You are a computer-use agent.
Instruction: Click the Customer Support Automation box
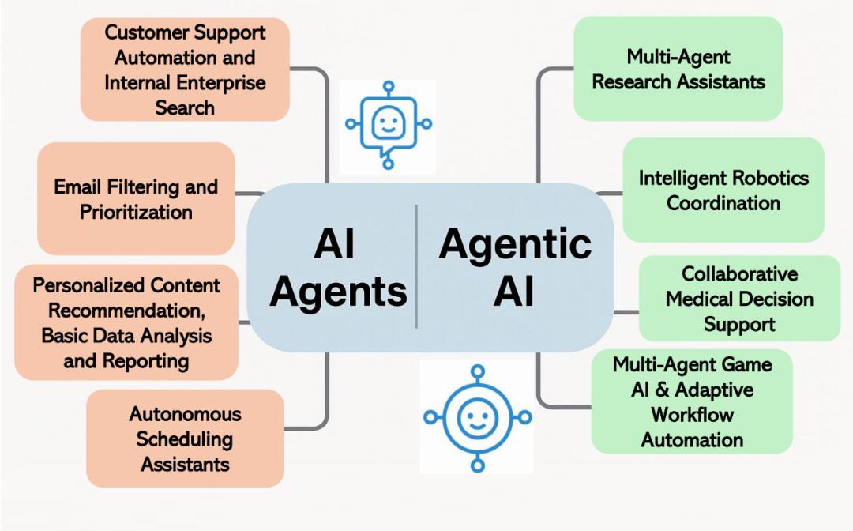pos(185,70)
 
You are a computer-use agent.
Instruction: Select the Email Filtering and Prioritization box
pos(136,199)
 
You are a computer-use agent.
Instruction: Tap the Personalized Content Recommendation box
pos(126,322)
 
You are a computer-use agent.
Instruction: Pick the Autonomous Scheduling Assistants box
pos(185,439)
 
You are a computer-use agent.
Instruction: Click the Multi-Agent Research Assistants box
pos(678,69)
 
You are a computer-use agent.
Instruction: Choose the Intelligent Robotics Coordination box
pos(723,190)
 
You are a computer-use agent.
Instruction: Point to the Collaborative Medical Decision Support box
pos(739,299)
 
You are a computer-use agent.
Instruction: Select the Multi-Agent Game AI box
pos(692,401)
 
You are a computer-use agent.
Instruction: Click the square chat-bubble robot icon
pos(387,124)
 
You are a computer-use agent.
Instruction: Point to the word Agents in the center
pos(338,292)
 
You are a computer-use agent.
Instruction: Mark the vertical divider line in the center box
pos(416,266)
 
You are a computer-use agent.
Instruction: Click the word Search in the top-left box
pos(185,107)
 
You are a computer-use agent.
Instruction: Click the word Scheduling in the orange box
pos(185,439)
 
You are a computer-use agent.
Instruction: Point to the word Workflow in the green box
pos(692,414)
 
